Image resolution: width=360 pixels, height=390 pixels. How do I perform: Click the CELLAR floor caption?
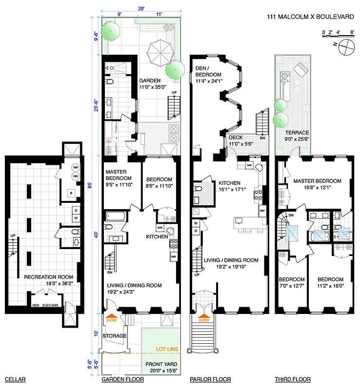[15, 379]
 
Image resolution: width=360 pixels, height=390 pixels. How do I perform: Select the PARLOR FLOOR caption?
[210, 379]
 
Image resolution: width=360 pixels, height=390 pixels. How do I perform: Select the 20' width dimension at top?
[140, 8]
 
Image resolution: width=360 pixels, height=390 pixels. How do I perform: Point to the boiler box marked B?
[72, 193]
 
